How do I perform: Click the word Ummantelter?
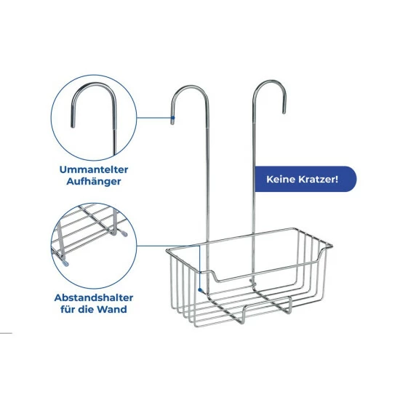click(94, 169)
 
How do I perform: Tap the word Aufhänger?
click(94, 182)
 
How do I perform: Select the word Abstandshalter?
click(94, 297)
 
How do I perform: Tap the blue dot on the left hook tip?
click(173, 118)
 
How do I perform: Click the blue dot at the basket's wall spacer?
click(200, 289)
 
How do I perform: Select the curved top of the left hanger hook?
click(190, 87)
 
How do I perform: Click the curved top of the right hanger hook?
click(270, 82)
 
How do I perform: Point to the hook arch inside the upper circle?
click(94, 84)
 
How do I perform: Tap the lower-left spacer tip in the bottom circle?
click(65, 263)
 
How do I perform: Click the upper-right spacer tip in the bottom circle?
click(124, 233)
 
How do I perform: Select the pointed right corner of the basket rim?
click(331, 246)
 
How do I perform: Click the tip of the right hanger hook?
click(284, 112)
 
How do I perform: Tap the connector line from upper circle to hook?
click(154, 118)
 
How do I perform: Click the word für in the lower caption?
click(68, 309)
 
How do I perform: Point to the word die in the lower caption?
click(87, 309)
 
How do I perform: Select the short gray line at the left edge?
click(6, 333)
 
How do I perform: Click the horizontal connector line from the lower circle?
click(168, 246)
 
